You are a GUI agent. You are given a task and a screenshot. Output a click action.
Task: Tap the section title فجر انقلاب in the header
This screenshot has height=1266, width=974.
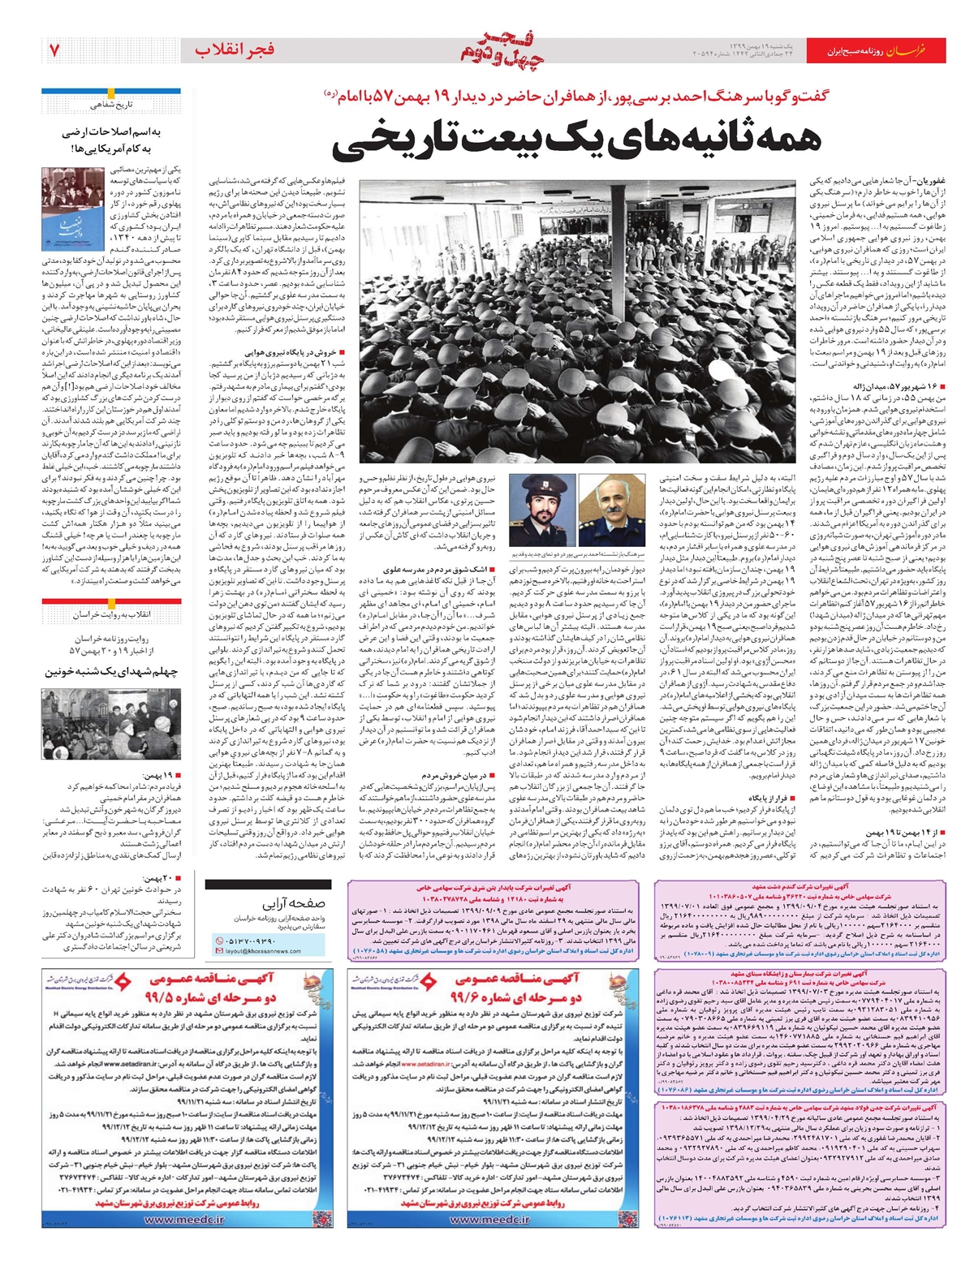tap(235, 50)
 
